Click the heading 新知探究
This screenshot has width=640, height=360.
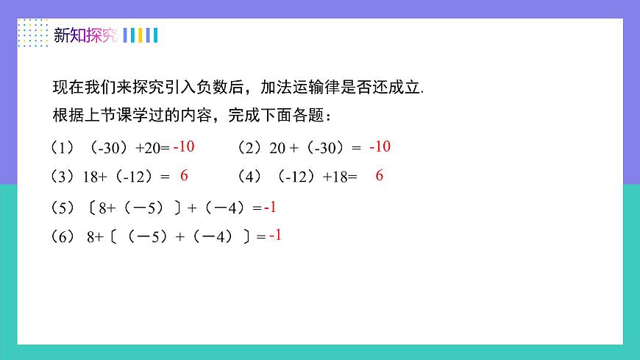[85, 35]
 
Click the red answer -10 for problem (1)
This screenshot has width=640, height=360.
[184, 147]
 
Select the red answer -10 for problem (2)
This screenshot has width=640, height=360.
[380, 147]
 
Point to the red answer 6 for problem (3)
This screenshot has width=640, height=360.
[185, 176]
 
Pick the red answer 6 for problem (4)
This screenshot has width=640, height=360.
[380, 176]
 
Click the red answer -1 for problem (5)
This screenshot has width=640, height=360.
[270, 208]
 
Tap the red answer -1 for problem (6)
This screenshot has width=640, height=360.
[276, 236]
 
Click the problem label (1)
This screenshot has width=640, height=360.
[63, 148]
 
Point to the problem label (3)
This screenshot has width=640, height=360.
[63, 177]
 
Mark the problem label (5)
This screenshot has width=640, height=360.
[63, 208]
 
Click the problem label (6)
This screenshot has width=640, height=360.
[63, 237]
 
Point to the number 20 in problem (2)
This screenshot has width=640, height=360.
[277, 148]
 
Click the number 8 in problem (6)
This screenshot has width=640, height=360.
[90, 237]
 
